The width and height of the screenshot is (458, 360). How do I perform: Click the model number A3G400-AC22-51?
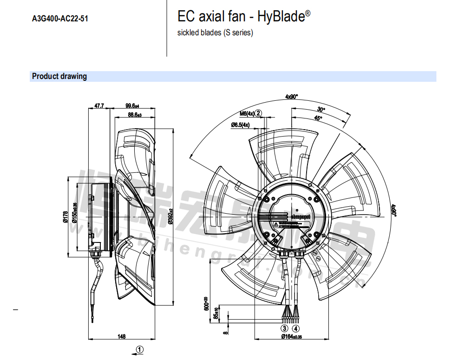(60, 19)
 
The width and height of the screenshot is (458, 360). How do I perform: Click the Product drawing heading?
(59, 77)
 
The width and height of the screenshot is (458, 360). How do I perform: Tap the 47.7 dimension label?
(99, 106)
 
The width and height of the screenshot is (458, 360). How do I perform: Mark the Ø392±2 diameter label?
(171, 216)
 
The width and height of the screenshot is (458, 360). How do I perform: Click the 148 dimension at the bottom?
(122, 336)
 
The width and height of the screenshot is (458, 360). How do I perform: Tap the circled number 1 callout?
(140, 349)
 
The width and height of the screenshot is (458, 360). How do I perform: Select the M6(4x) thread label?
(247, 113)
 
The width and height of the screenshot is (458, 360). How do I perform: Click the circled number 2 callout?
(259, 113)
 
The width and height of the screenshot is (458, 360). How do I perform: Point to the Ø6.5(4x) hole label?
(240, 125)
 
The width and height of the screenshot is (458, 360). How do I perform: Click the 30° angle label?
(321, 110)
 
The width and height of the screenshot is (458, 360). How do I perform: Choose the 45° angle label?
(318, 118)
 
